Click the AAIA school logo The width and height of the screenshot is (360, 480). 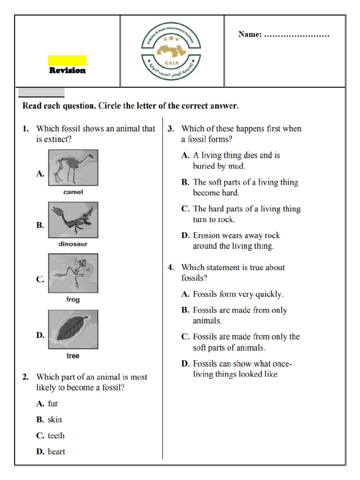point(172,51)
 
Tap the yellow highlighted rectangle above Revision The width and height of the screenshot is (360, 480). point(67,60)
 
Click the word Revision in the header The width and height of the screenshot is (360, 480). point(67,71)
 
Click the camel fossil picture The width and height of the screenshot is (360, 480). point(73,167)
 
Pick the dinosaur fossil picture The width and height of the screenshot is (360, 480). point(73,219)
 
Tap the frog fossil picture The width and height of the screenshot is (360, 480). point(73,273)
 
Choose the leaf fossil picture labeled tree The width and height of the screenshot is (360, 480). point(73,329)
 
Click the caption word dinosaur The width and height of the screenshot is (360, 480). point(73,244)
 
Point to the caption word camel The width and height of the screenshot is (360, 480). point(73,192)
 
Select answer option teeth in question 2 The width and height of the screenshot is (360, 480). point(56,435)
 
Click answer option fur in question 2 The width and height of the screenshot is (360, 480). point(53,403)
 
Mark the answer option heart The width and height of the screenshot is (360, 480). point(56,452)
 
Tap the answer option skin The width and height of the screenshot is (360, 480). point(55,420)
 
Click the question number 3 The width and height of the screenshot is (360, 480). point(171,128)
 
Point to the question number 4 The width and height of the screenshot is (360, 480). point(171,268)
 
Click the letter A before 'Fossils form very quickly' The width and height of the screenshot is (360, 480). point(185,294)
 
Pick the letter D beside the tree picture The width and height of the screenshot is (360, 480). point(40,335)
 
